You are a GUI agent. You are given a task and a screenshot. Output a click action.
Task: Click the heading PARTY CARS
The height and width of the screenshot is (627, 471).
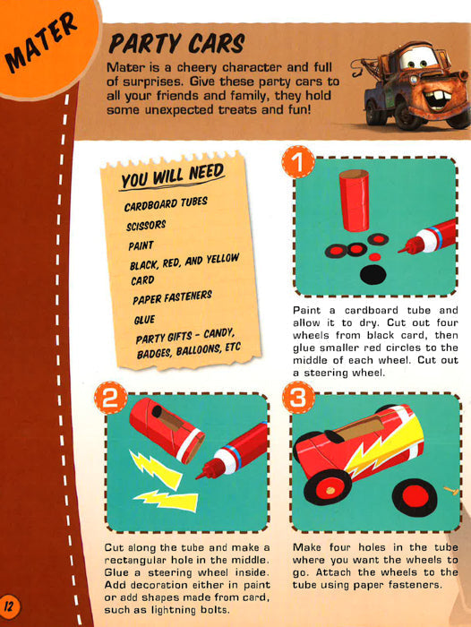pyautogui.click(x=176, y=43)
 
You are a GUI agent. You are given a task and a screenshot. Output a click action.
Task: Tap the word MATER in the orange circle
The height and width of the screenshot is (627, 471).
pyautogui.click(x=41, y=41)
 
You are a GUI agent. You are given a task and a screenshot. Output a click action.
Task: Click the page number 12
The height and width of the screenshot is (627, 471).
pyautogui.click(x=9, y=606)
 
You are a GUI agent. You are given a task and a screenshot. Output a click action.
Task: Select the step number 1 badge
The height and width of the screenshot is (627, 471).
pyautogui.click(x=298, y=161)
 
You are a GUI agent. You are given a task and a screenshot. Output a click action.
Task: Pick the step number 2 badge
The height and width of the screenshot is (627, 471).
pyautogui.click(x=110, y=398)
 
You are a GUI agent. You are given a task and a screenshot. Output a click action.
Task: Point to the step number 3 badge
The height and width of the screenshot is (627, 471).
pyautogui.click(x=298, y=398)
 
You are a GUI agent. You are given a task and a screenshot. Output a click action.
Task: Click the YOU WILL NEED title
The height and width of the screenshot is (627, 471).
pyautogui.click(x=173, y=176)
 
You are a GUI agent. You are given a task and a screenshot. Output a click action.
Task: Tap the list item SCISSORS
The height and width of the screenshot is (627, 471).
pyautogui.click(x=146, y=225)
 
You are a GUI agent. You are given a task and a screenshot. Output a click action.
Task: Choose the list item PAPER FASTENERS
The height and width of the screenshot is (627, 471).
pyautogui.click(x=172, y=297)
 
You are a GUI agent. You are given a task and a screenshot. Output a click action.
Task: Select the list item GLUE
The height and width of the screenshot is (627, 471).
pyautogui.click(x=144, y=320)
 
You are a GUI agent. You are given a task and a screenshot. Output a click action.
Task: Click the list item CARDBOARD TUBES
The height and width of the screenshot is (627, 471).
pyautogui.click(x=166, y=203)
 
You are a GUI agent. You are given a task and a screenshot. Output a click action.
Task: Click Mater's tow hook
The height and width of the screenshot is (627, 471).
pyautogui.click(x=355, y=71)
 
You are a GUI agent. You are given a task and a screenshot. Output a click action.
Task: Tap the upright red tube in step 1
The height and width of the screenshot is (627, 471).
pyautogui.click(x=355, y=200)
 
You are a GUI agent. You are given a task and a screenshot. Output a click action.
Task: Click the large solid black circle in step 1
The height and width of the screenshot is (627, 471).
pyautogui.click(x=373, y=274)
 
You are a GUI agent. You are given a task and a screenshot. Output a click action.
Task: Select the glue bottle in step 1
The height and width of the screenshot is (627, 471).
pyautogui.click(x=427, y=237)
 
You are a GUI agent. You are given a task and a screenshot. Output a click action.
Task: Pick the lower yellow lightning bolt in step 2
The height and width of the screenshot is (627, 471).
pyautogui.click(x=166, y=500)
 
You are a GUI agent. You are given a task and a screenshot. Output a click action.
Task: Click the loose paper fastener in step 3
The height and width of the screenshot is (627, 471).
pyautogui.click(x=450, y=491)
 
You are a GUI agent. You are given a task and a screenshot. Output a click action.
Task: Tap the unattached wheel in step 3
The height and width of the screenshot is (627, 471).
pyautogui.click(x=415, y=497)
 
